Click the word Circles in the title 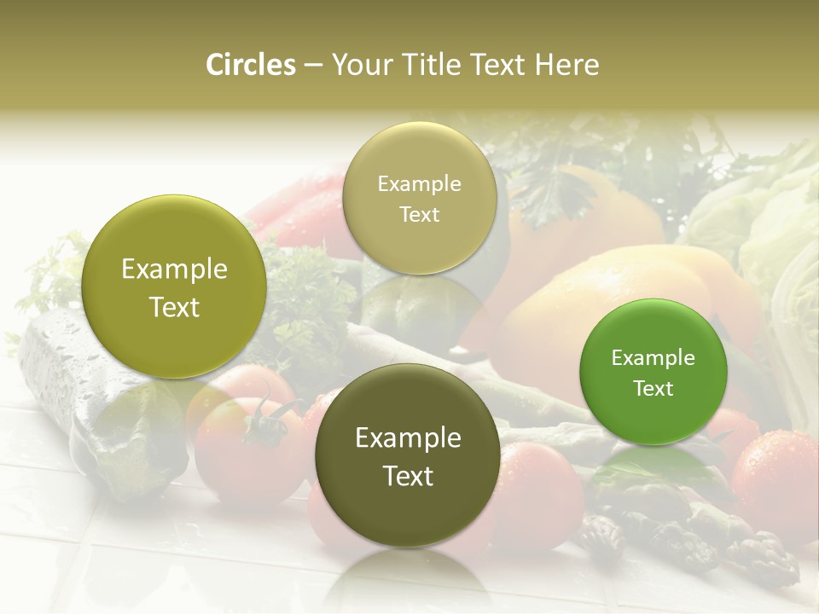coord(250,65)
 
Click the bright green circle coord(653,371)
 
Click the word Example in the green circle coord(653,358)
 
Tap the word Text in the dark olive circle coord(408,476)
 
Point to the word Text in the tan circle coord(419,214)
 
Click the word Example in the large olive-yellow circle coord(174,269)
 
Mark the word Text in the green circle coord(653,388)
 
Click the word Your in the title coord(359,65)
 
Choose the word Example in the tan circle coord(419,183)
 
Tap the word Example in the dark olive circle coord(408,438)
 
